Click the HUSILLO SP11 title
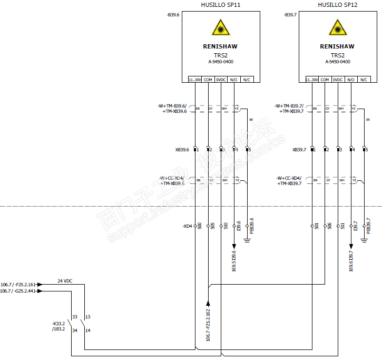221,5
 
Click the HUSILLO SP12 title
338,5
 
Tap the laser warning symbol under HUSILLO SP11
220,27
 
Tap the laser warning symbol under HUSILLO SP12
337,27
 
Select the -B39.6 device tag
173,15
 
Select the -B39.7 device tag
290,15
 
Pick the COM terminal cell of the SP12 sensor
325,80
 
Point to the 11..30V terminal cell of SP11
194,80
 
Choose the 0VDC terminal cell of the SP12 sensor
338,80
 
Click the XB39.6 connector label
182,150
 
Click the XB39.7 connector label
299,150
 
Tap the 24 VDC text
64,281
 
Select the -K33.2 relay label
58,323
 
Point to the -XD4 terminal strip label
187,226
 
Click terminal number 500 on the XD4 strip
200,226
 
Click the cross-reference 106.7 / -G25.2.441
18,291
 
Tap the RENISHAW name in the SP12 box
337,46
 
